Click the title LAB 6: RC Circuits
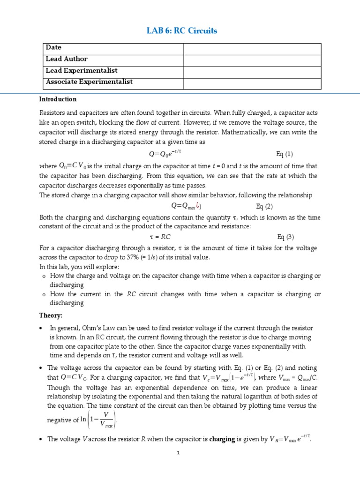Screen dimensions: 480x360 pos(182,31)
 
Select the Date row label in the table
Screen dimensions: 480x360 pos(53,48)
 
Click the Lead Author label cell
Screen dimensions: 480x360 pos(67,59)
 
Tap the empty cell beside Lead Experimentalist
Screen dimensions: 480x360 pos(252,71)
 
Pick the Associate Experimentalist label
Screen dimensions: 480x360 pos(89,82)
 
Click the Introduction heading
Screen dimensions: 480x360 pos(58,99)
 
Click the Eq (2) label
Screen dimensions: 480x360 pos(264,206)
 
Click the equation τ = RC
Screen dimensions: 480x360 pos(159,237)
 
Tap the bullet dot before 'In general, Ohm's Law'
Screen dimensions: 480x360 pos(42,328)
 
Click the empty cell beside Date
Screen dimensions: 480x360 pos(252,48)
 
